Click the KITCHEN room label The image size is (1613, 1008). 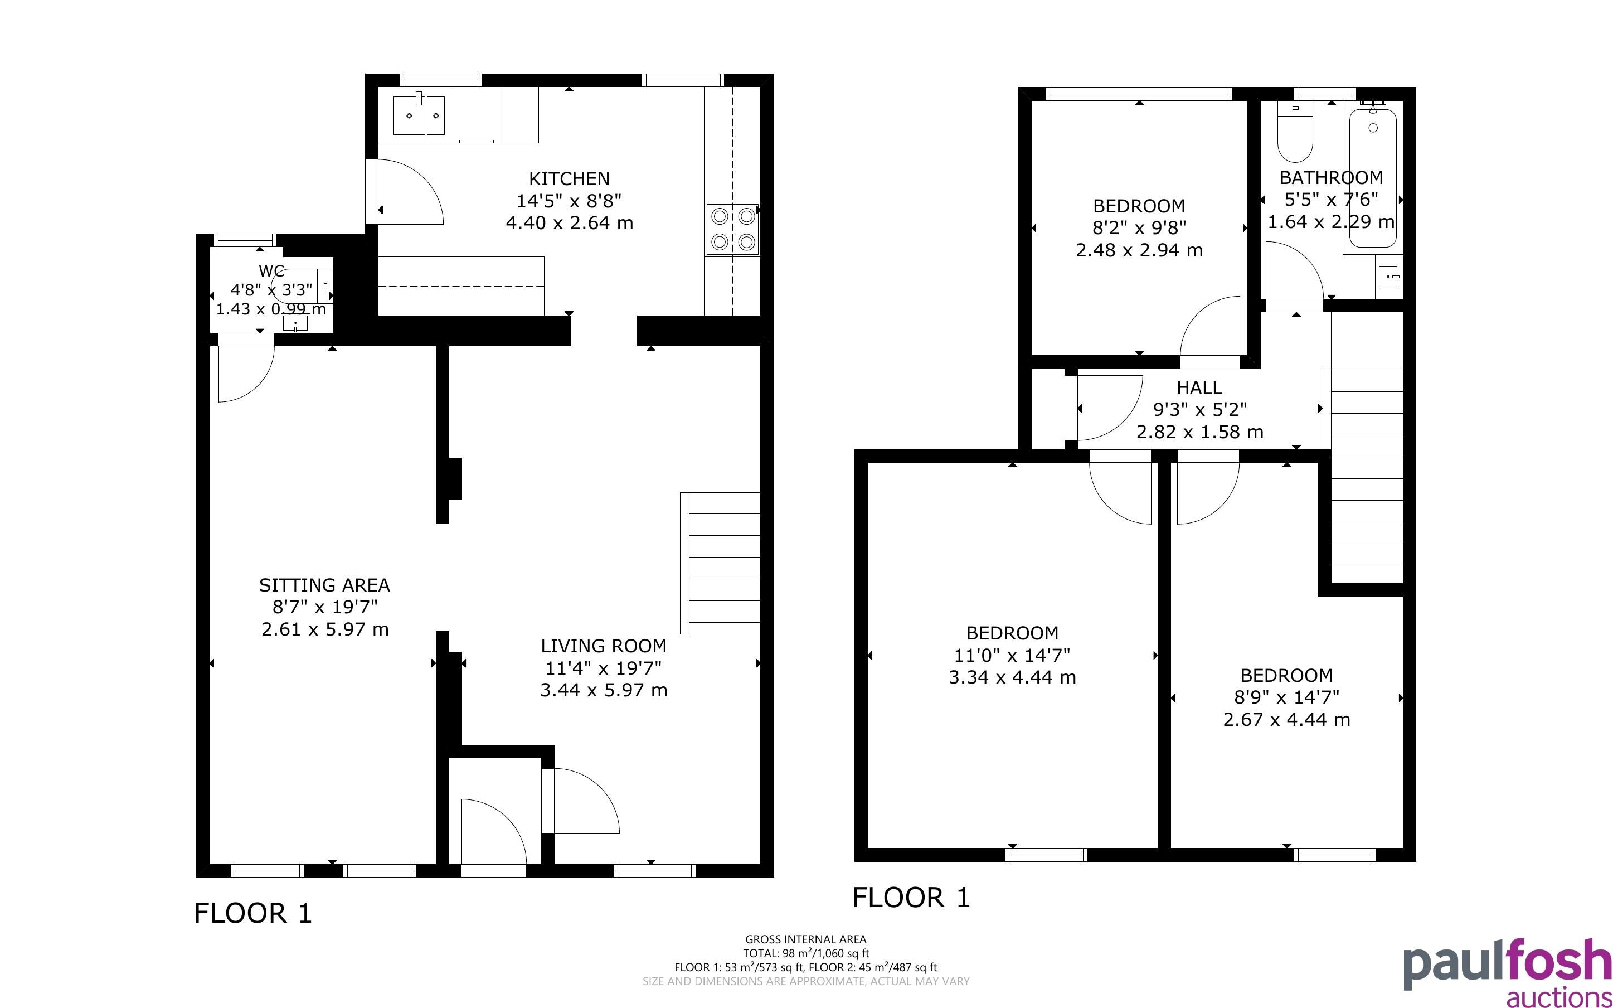[569, 178]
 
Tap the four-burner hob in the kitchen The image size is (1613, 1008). [732, 229]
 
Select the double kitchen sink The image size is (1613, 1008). [419, 115]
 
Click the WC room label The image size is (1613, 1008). [271, 270]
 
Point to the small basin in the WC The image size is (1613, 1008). [295, 323]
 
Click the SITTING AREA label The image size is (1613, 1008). [324, 585]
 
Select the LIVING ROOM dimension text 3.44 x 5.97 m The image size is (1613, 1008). [604, 690]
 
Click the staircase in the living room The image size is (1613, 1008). [720, 563]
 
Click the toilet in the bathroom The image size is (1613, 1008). [1295, 133]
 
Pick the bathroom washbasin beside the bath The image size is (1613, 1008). [1389, 276]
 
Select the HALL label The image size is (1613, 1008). [1199, 388]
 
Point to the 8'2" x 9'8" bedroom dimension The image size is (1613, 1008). [1139, 228]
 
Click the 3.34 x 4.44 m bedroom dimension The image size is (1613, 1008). [1012, 677]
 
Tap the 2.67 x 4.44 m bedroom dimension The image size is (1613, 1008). [1286, 720]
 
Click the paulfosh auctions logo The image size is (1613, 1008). [1507, 973]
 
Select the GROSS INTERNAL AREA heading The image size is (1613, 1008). [806, 940]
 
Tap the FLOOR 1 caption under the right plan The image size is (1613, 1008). [911, 898]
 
